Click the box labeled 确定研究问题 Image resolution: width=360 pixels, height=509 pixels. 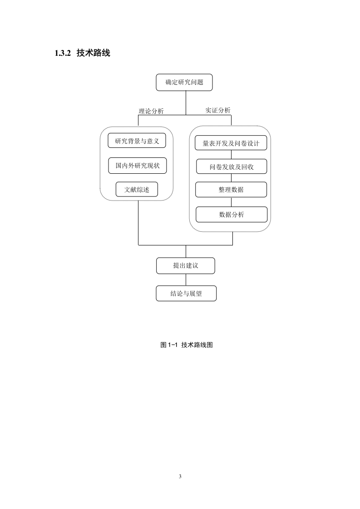tap(184, 83)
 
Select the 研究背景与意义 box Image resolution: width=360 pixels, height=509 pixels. tap(137, 141)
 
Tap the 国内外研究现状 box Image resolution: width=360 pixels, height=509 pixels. tap(138, 166)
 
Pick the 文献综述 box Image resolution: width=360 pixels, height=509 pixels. tap(137, 190)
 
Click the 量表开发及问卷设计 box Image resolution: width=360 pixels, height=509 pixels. tap(231, 143)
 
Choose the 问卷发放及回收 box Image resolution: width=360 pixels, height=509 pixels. tap(232, 166)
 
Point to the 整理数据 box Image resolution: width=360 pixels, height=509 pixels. tap(231, 190)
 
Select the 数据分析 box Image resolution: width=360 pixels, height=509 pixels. tap(232, 215)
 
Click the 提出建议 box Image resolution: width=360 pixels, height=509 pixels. tap(186, 266)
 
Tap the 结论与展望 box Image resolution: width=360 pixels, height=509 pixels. tap(186, 294)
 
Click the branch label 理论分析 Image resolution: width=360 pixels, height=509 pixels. tap(152, 111)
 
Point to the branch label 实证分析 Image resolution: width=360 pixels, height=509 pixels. tap(218, 110)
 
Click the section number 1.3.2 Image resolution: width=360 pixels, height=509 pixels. tap(63, 53)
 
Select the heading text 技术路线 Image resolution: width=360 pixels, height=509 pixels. tap(93, 53)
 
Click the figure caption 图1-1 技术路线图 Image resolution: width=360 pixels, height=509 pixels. tap(187, 345)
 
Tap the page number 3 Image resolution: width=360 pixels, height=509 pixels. tap(180, 476)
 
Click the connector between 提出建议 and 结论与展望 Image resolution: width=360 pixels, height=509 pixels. tap(186, 280)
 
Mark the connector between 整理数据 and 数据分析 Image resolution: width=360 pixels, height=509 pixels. tap(232, 202)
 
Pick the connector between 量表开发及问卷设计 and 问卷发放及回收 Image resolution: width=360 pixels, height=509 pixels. tap(232, 155)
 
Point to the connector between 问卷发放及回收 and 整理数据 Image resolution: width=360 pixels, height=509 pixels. tap(232, 178)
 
